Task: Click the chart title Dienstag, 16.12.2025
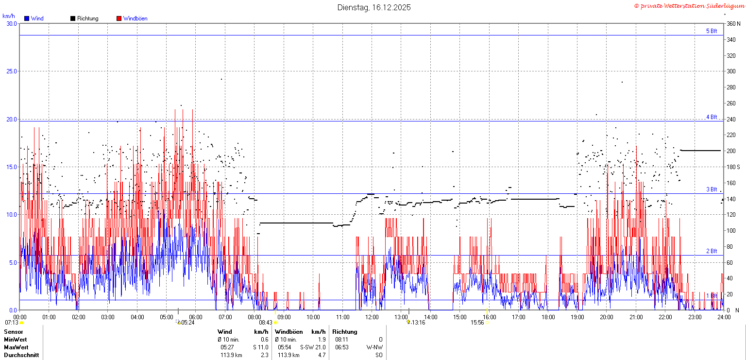(x=373, y=7)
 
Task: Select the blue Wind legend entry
(x=34, y=18)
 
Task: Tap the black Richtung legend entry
(x=85, y=18)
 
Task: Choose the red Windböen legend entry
(x=132, y=18)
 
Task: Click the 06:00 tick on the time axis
(x=196, y=317)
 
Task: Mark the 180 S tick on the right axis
(x=733, y=167)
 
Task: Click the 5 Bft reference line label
(x=712, y=31)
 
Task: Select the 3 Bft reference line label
(x=712, y=189)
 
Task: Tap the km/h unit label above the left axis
(x=9, y=16)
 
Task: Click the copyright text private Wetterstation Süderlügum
(x=688, y=6)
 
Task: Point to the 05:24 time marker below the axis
(x=187, y=323)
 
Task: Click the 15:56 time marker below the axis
(x=477, y=323)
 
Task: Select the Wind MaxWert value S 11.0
(x=260, y=347)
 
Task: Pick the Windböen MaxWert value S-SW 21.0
(x=313, y=347)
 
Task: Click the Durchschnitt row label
(x=21, y=355)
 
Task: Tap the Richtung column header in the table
(x=345, y=332)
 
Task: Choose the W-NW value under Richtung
(x=374, y=347)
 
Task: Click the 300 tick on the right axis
(x=731, y=71)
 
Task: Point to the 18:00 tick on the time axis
(x=548, y=317)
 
